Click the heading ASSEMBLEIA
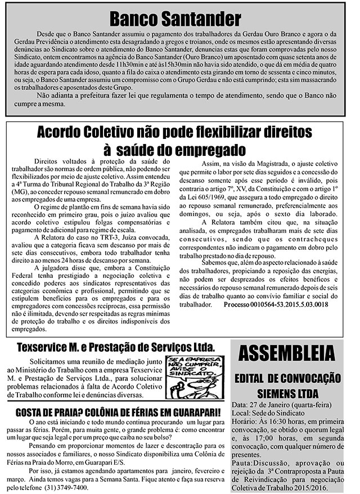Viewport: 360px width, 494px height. click(286, 356)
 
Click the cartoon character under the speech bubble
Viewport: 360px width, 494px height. click(186, 388)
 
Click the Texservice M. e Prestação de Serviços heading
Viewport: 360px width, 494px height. click(112, 346)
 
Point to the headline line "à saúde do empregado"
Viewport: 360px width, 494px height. click(174, 150)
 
